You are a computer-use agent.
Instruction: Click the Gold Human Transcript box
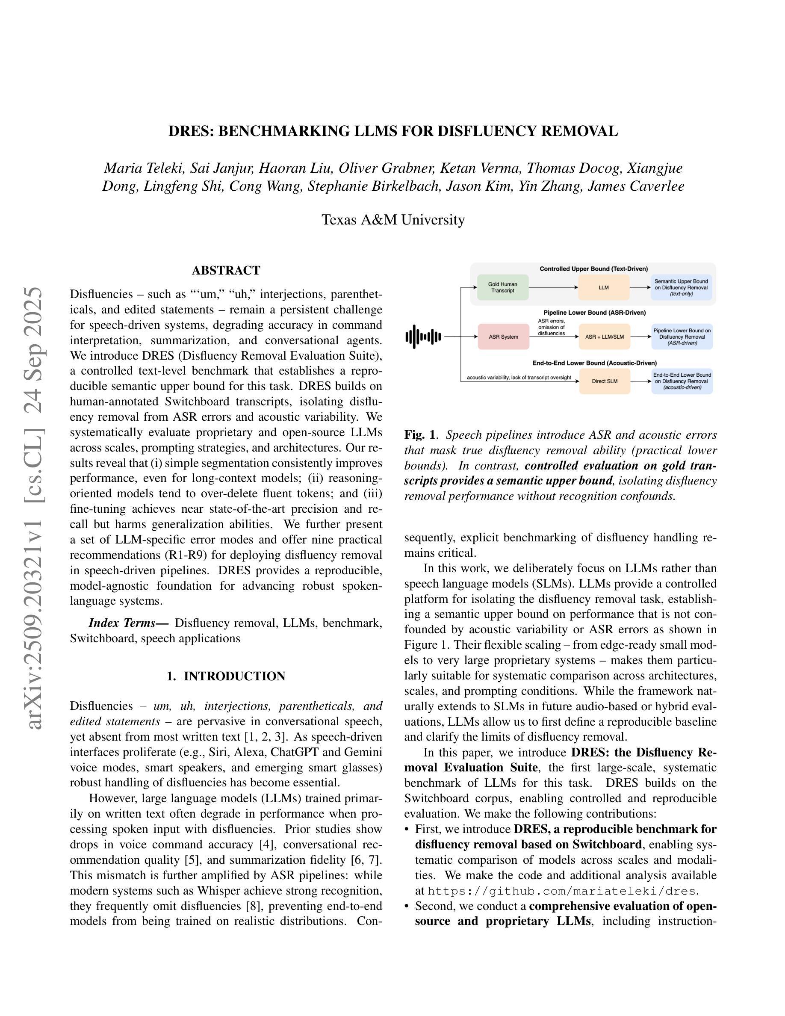502,287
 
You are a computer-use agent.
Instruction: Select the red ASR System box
503,337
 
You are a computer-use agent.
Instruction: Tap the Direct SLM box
605,381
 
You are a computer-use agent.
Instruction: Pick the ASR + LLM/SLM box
605,337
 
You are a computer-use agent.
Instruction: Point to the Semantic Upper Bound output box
681,287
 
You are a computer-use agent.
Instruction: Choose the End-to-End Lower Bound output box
682,381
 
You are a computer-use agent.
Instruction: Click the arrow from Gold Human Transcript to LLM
553,287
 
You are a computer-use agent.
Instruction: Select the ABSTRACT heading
226,270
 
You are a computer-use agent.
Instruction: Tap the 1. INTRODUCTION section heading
226,676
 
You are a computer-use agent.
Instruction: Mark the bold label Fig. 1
420,435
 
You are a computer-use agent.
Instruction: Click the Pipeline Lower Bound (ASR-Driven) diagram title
594,313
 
